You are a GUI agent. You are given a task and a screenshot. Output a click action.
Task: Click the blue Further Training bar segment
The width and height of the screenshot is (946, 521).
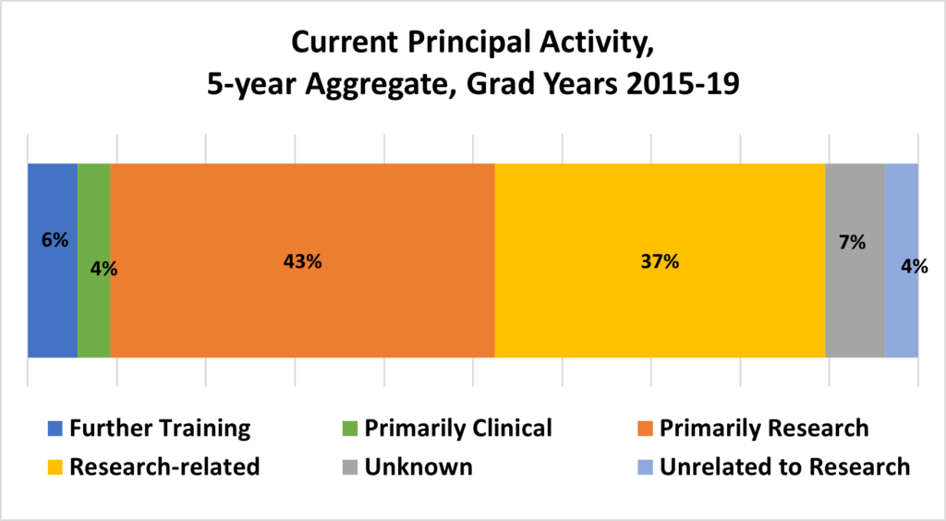pos(53,260)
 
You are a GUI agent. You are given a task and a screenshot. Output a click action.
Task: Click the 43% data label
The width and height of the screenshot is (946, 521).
pos(302,261)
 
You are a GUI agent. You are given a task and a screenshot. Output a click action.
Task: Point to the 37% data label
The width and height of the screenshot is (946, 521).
pos(660,261)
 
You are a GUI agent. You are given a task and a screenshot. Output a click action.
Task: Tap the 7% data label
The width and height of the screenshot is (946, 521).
pos(852,242)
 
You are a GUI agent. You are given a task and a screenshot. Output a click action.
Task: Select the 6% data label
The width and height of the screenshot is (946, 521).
pos(55,240)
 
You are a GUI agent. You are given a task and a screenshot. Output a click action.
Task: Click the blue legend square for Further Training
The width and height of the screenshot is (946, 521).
pos(55,429)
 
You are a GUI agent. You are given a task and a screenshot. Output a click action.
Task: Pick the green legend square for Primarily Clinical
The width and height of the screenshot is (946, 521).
pos(350,429)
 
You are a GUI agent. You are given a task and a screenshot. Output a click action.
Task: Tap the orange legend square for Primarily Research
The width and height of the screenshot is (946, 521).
pos(645,429)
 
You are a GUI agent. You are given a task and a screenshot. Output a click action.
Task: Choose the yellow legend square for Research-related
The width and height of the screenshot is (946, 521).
pos(55,466)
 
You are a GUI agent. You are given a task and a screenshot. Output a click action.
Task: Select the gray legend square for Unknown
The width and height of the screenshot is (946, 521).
pos(350,466)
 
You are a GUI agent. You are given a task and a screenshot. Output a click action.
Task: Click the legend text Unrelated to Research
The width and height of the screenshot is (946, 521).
pos(785,466)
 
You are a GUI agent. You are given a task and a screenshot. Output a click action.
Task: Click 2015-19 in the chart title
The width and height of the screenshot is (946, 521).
pos(683,84)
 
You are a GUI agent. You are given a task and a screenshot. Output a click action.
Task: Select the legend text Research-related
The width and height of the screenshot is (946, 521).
pos(164,466)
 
